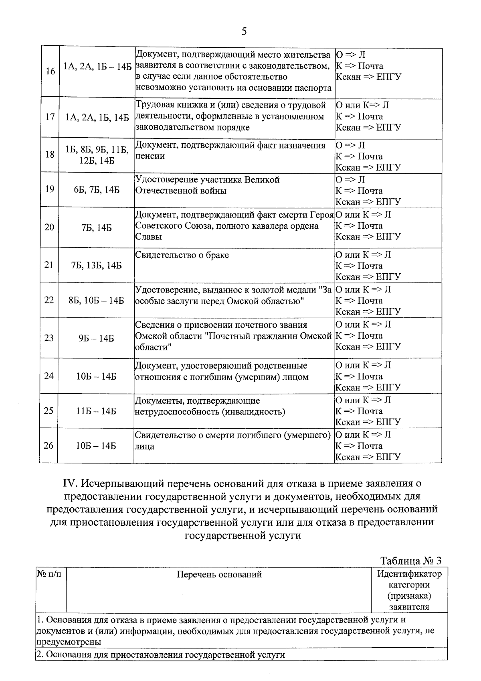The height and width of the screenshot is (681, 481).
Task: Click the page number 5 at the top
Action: (244, 32)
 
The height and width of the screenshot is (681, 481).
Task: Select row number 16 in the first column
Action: (50, 71)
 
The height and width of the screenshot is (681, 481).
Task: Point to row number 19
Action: (49, 189)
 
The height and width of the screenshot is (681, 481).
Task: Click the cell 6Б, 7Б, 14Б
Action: (97, 190)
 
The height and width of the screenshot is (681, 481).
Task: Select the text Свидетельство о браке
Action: (182, 255)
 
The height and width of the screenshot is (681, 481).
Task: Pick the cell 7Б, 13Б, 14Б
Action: (97, 265)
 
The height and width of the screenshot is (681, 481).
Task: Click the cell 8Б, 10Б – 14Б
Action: (97, 300)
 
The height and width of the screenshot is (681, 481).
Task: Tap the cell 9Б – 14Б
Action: (97, 338)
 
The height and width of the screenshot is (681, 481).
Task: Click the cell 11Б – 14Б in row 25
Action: (97, 411)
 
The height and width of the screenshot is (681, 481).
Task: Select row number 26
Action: (49, 445)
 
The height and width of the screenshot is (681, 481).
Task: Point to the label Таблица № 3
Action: (410, 561)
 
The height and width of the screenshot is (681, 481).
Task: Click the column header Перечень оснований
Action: (219, 574)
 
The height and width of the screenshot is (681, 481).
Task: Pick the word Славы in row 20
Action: (149, 237)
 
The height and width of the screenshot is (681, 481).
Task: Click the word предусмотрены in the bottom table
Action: (68, 642)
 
